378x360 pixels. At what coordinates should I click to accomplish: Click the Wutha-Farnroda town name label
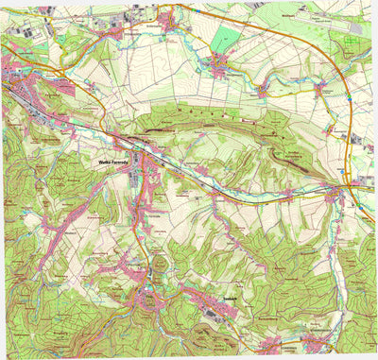(x=112, y=163)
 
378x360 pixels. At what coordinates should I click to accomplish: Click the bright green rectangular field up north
(x=226, y=39)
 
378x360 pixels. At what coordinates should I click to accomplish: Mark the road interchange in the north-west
(x=46, y=69)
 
